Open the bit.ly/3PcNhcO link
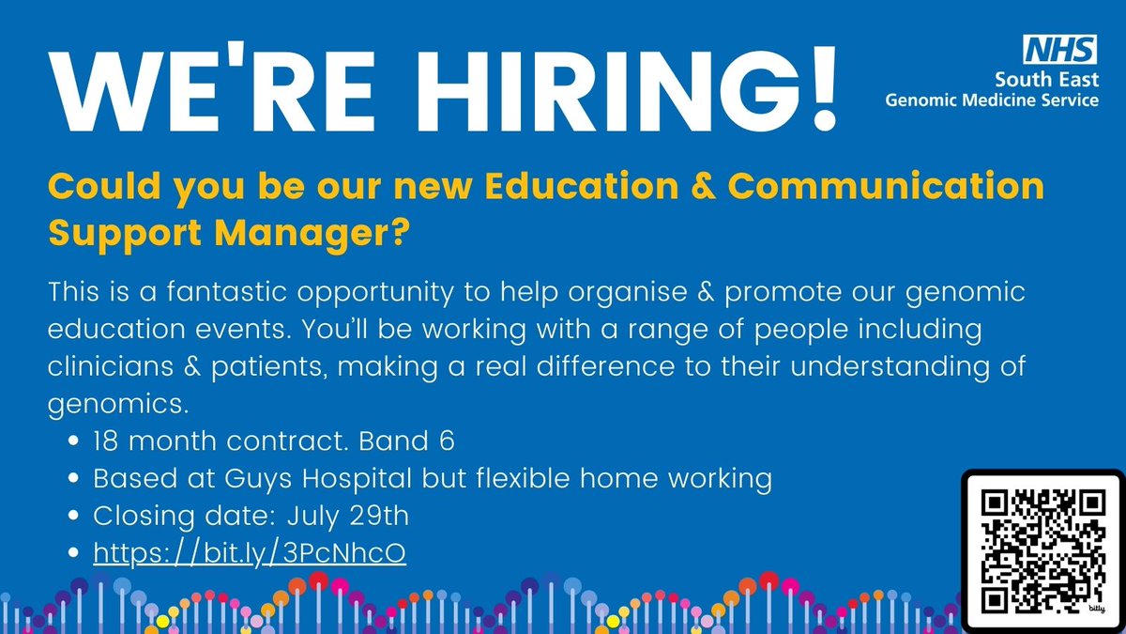coord(250,554)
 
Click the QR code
coord(1042,549)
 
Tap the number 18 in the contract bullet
coord(107,441)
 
